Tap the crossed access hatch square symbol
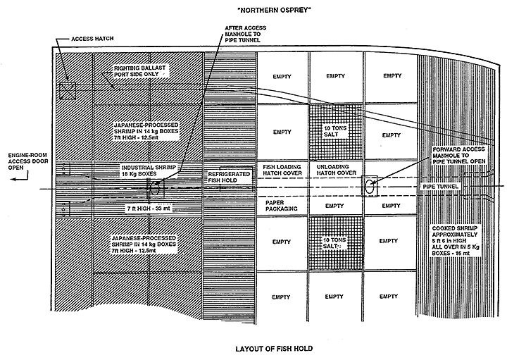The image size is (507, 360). click(x=67, y=90)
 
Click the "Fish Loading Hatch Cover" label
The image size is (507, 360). click(x=282, y=172)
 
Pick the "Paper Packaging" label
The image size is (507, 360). click(x=281, y=204)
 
